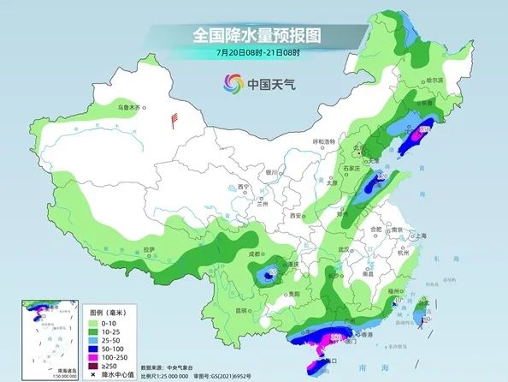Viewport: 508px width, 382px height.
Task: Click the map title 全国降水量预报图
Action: [x=253, y=36]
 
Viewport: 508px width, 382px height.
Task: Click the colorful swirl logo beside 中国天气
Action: [x=233, y=83]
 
